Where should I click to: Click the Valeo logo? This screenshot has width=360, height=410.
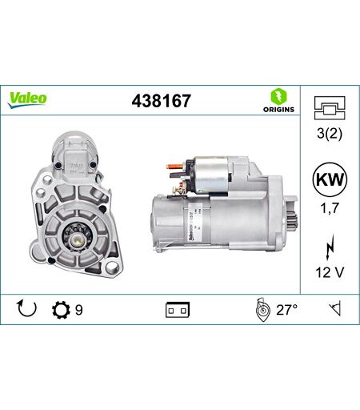click(27, 100)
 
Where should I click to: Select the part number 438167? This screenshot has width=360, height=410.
click(162, 101)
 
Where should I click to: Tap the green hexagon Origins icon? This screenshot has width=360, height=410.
click(278, 97)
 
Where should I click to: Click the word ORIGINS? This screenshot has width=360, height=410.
click(278, 109)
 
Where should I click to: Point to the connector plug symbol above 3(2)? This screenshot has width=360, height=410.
click(330, 108)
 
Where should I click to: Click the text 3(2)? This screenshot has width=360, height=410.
click(330, 133)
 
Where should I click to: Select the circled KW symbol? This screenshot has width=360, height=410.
click(330, 179)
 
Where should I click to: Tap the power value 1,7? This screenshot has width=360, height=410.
click(330, 207)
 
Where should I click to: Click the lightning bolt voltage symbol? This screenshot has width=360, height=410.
click(330, 247)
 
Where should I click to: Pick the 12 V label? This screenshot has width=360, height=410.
click(330, 272)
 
